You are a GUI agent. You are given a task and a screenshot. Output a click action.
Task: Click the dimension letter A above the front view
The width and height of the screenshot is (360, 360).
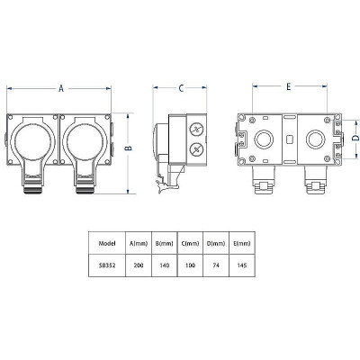click(x=61, y=88)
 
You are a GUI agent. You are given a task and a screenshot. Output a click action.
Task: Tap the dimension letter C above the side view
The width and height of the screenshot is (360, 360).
click(x=181, y=88)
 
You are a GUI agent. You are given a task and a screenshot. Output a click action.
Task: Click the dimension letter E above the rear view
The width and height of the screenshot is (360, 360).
click(x=288, y=87)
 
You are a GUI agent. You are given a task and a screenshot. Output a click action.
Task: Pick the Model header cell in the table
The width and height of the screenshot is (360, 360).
click(x=104, y=242)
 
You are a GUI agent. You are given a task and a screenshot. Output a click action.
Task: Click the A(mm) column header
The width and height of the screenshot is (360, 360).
click(x=138, y=242)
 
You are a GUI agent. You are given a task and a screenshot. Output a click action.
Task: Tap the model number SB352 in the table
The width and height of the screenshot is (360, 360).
click(x=104, y=265)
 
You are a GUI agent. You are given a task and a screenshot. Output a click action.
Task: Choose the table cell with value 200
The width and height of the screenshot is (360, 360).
click(x=138, y=265)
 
